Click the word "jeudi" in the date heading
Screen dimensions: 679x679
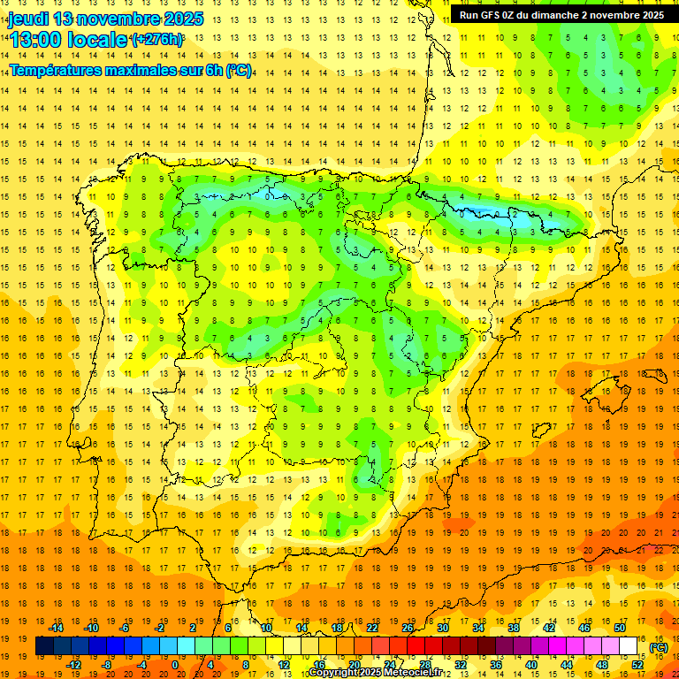click(27, 19)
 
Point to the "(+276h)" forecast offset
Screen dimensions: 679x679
click(157, 40)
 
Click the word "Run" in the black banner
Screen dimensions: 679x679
click(469, 15)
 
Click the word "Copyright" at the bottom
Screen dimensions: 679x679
click(334, 673)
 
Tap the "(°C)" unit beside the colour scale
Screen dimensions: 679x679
click(658, 648)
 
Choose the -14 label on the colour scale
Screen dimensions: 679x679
click(57, 628)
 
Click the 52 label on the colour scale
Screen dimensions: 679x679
click(637, 665)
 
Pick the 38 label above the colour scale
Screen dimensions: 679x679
click(514, 628)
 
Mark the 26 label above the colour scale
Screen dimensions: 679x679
click(408, 628)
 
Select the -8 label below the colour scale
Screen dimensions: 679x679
click(107, 665)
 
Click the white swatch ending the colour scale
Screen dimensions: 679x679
click(629, 646)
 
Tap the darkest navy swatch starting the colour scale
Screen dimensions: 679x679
click(44, 646)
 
